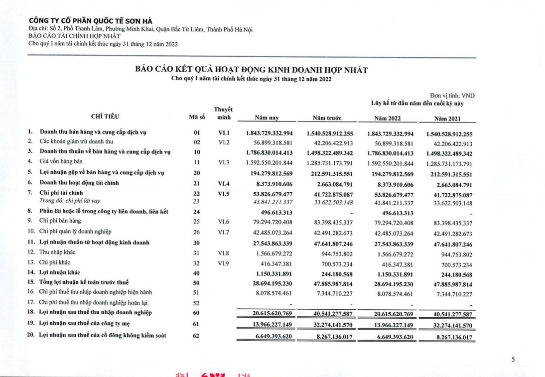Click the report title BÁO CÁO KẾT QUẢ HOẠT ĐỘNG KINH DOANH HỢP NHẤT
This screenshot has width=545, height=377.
click(251, 70)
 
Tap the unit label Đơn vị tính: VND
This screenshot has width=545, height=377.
click(452, 96)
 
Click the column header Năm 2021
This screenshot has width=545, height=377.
click(447, 118)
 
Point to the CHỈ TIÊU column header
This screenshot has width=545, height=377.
click(105, 117)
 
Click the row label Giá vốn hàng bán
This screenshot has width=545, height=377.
click(61, 161)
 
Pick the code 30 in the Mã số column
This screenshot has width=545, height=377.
click(196, 243)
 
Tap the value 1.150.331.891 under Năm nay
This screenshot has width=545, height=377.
click(270, 272)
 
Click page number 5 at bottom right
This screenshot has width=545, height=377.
click(513, 359)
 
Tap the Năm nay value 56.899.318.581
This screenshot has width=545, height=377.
click(270, 142)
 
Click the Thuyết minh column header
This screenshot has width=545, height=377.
click(223, 113)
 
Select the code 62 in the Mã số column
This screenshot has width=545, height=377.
click(196, 336)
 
